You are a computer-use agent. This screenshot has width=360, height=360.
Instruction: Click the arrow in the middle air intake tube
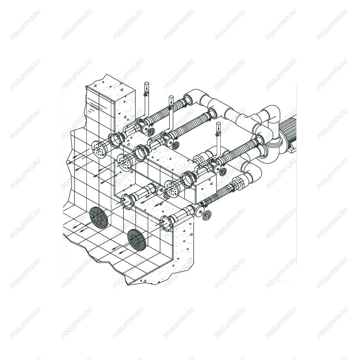coord(171,101)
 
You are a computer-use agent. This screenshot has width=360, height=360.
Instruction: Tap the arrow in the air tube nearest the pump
coord(219,127)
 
